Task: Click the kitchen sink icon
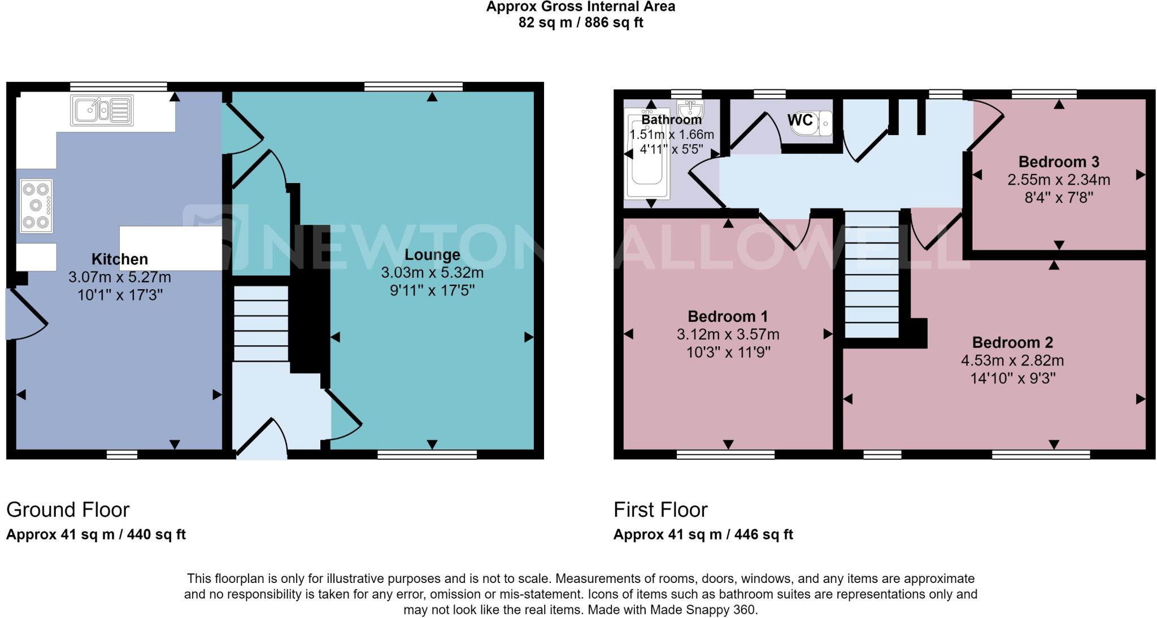102,110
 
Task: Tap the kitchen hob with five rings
36,206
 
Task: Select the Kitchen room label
120,259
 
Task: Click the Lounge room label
432,255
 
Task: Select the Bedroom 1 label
728,316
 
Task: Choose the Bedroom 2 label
1012,342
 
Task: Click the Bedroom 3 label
1059,162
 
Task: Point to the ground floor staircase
261,323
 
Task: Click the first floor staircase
872,275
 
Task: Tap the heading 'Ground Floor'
68,510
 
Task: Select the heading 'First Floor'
660,510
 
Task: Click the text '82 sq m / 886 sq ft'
581,23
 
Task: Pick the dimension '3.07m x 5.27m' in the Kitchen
120,277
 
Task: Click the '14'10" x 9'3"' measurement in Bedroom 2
1012,378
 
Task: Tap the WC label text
800,120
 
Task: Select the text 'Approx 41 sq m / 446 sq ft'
703,534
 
